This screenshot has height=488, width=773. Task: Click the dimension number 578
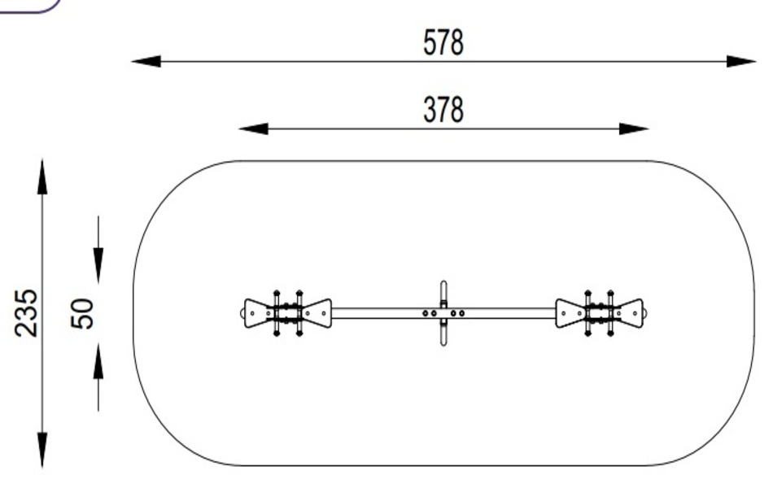[x=443, y=42]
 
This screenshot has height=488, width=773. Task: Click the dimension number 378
[x=443, y=110]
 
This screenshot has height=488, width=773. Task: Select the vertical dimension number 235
[x=26, y=313]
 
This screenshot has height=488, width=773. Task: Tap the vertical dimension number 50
[x=82, y=313]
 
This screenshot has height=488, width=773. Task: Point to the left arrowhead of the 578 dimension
[x=146, y=61]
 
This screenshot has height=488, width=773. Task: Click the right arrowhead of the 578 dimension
[x=741, y=61]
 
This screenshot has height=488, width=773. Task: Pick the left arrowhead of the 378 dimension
[x=253, y=129]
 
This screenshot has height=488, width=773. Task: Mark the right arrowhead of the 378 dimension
[x=634, y=129]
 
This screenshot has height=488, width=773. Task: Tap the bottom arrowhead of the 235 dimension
[x=42, y=450]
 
